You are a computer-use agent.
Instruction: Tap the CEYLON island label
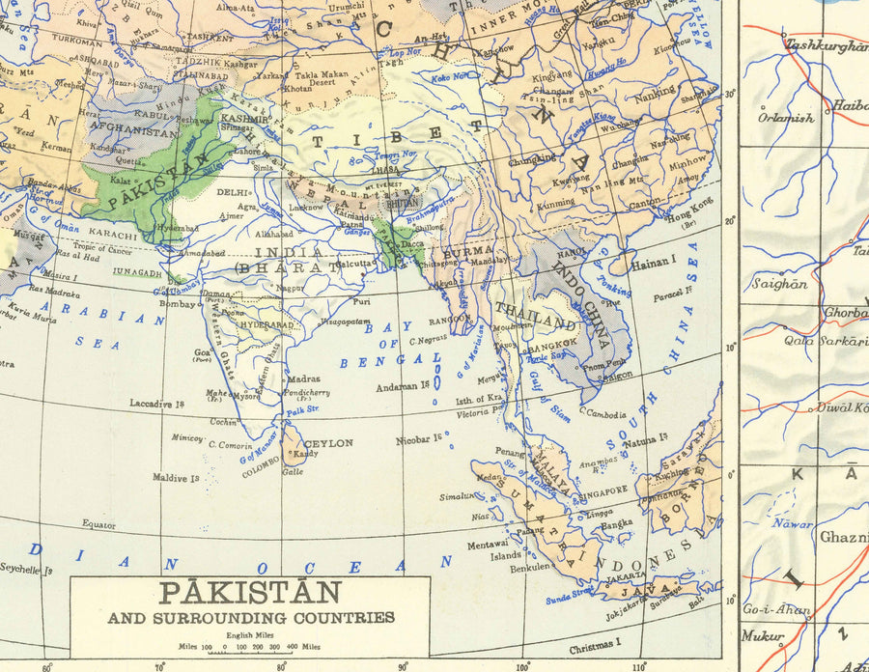(329, 443)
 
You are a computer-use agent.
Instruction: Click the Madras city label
(303, 379)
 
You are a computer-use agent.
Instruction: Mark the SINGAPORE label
(604, 490)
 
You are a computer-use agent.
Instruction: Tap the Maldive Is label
(176, 477)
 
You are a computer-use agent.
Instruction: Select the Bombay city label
(178, 303)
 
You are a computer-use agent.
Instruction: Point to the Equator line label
(98, 524)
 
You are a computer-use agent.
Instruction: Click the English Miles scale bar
(249, 646)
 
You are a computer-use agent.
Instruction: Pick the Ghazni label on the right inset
(843, 538)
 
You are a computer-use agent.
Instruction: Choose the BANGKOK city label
(554, 341)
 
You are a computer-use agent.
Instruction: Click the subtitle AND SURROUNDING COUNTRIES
(250, 617)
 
